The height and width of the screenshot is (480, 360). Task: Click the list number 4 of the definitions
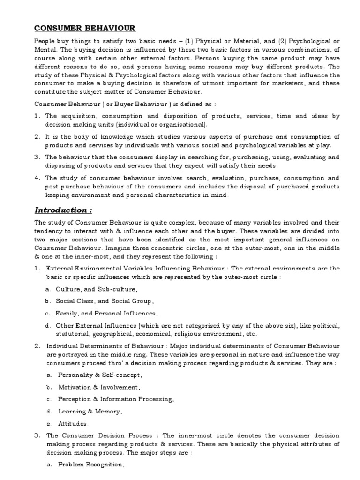37,178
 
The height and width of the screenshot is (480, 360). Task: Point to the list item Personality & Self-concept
100,375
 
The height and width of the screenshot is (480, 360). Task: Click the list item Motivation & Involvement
99,387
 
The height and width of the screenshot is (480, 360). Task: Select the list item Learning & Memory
90,411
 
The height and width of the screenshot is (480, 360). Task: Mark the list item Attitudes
73,423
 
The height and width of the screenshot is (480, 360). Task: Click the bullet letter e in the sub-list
48,423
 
